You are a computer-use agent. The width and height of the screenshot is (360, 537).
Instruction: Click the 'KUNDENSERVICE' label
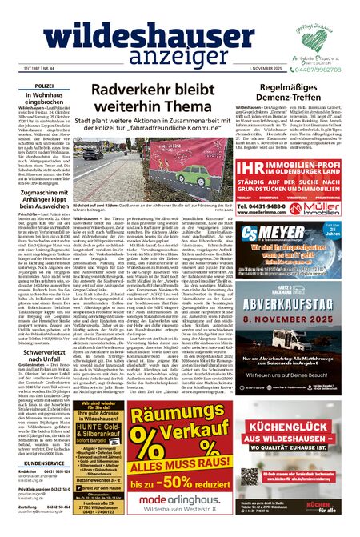pos(45,440)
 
